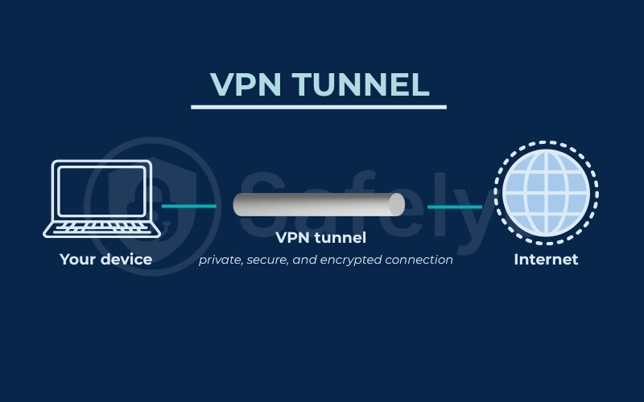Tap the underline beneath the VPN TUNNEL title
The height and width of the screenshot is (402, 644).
click(318, 106)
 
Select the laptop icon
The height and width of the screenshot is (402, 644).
click(101, 199)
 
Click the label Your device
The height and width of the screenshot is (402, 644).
click(105, 260)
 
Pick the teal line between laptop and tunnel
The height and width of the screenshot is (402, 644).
click(189, 206)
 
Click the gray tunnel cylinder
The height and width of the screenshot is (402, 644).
click(314, 205)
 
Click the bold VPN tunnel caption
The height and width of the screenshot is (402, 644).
click(320, 237)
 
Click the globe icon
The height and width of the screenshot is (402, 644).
click(546, 195)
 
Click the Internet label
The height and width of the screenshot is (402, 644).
click(546, 260)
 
